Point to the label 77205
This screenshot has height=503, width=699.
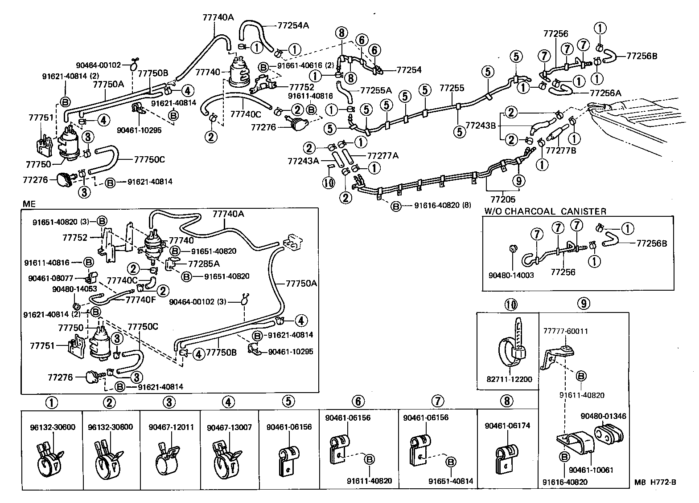click(x=503, y=200)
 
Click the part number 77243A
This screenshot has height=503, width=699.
click(x=303, y=161)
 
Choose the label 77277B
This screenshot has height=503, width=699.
click(x=561, y=150)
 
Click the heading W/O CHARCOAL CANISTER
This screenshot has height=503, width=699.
click(x=545, y=211)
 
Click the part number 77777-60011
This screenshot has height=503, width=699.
click(x=565, y=331)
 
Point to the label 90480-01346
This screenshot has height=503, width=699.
click(x=603, y=416)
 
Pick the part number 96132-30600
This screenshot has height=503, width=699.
click(x=53, y=427)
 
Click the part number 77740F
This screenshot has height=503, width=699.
click(x=141, y=300)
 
